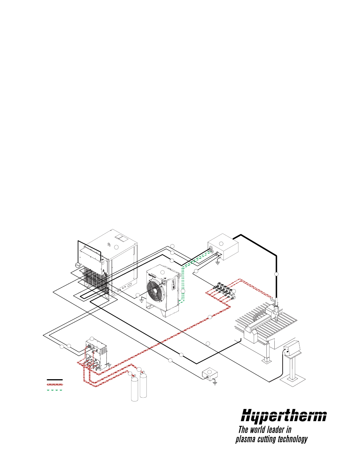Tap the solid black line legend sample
point(55,380)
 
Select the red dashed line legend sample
point(55,384)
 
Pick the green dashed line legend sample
point(55,389)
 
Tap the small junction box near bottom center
point(210,373)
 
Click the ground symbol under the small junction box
point(215,383)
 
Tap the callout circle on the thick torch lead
point(276,274)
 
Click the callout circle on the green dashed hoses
point(183,291)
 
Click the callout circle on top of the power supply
point(117,247)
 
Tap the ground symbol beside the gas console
point(109,365)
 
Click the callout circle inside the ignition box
point(222,243)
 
